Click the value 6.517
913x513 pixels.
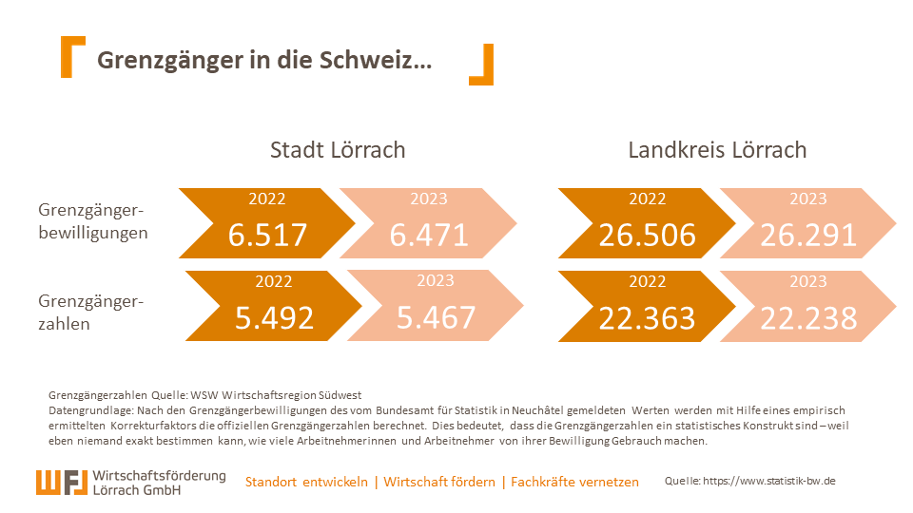pyautogui.click(x=267, y=235)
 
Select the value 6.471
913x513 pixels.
pyautogui.click(x=429, y=235)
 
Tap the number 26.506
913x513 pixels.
pyautogui.click(x=647, y=235)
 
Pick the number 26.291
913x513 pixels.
pyautogui.click(x=808, y=235)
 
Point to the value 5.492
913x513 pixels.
pyautogui.click(x=274, y=317)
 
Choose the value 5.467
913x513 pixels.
pyautogui.click(x=436, y=317)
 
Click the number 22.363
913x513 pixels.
pyautogui.click(x=647, y=317)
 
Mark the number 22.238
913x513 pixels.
pyautogui.click(x=808, y=317)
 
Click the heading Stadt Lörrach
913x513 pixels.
pyautogui.click(x=338, y=150)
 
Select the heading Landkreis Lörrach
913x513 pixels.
pyautogui.click(x=717, y=150)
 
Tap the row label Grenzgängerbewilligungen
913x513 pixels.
pyautogui.click(x=92, y=220)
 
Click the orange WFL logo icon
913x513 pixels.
pyautogui.click(x=64, y=482)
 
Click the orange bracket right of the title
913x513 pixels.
pyautogui.click(x=482, y=65)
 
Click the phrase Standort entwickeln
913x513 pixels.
pyautogui.click(x=306, y=482)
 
